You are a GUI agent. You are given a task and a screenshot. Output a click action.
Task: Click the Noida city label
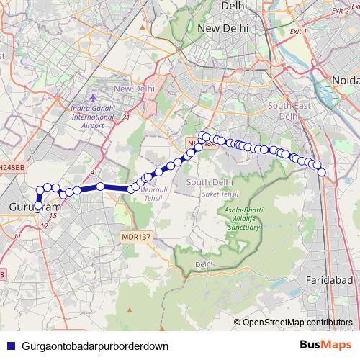pyautogui.click(x=345, y=78)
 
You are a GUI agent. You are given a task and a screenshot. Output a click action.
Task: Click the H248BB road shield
pyautogui.click(x=12, y=167)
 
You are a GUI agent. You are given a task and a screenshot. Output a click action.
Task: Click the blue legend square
pyautogui.click(x=9, y=346)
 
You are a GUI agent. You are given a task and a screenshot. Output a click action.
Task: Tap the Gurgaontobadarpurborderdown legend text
pyautogui.click(x=95, y=346)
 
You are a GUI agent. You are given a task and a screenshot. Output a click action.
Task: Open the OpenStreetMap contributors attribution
pyautogui.click(x=297, y=322)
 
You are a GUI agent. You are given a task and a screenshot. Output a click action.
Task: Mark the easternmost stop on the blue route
pyautogui.click(x=322, y=171)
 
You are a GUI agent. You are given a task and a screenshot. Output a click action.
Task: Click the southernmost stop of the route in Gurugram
pyautogui.click(x=37, y=207)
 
